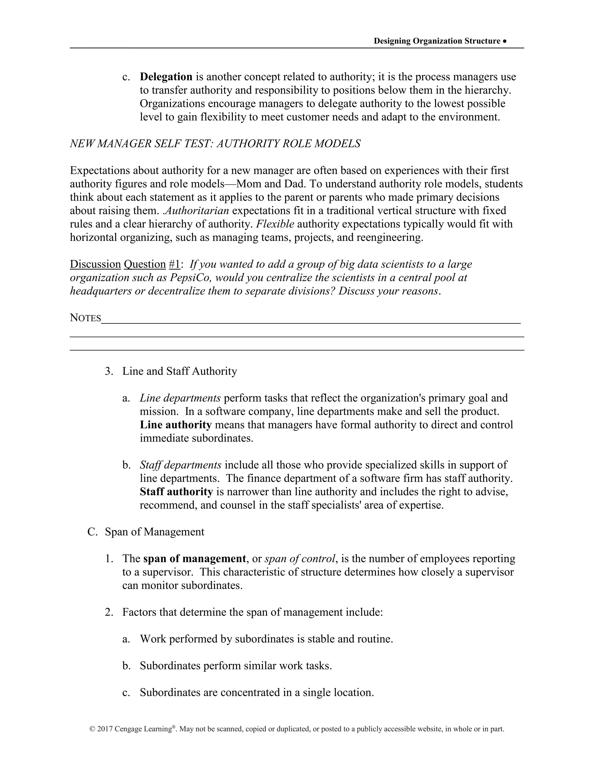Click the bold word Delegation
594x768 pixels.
166,77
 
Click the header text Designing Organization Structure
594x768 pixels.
437,41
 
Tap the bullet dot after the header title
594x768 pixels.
505,41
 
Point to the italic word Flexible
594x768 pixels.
275,224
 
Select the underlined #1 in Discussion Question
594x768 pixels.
175,264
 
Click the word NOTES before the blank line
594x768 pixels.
86,318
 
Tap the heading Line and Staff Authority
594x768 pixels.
180,371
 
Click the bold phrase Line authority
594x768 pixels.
175,425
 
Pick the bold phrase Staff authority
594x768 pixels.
176,492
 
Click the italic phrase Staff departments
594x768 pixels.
180,465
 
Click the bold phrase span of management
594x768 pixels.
195,558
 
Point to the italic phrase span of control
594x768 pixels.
300,558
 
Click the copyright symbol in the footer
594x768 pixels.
92,729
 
